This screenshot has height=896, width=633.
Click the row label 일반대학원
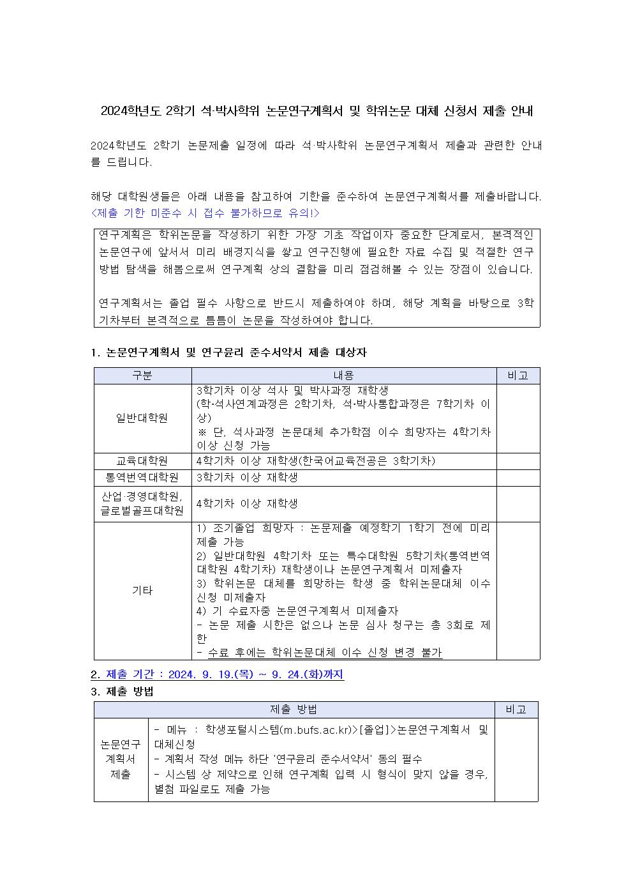[x=142, y=418]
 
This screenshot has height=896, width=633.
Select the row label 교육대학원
[x=142, y=461]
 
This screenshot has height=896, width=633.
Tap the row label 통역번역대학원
[x=142, y=478]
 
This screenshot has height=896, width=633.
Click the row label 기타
[x=142, y=591]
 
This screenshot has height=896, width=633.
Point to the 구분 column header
[x=142, y=376]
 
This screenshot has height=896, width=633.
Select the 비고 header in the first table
[x=518, y=376]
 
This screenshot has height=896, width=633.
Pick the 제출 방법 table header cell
[x=294, y=710]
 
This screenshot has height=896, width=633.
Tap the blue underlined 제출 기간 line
[x=217, y=674]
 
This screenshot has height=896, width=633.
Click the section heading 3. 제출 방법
[x=122, y=692]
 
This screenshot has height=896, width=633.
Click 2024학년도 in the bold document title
[x=130, y=111]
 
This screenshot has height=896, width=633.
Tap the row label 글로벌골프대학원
[x=142, y=511]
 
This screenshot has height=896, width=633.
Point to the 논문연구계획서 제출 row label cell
[x=121, y=759]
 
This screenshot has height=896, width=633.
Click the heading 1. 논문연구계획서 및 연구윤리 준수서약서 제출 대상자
[x=229, y=353]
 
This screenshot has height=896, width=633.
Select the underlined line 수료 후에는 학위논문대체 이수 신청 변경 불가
[x=319, y=653]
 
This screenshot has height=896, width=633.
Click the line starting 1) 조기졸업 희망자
[x=343, y=529]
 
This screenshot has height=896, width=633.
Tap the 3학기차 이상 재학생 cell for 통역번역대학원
[x=247, y=478]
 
